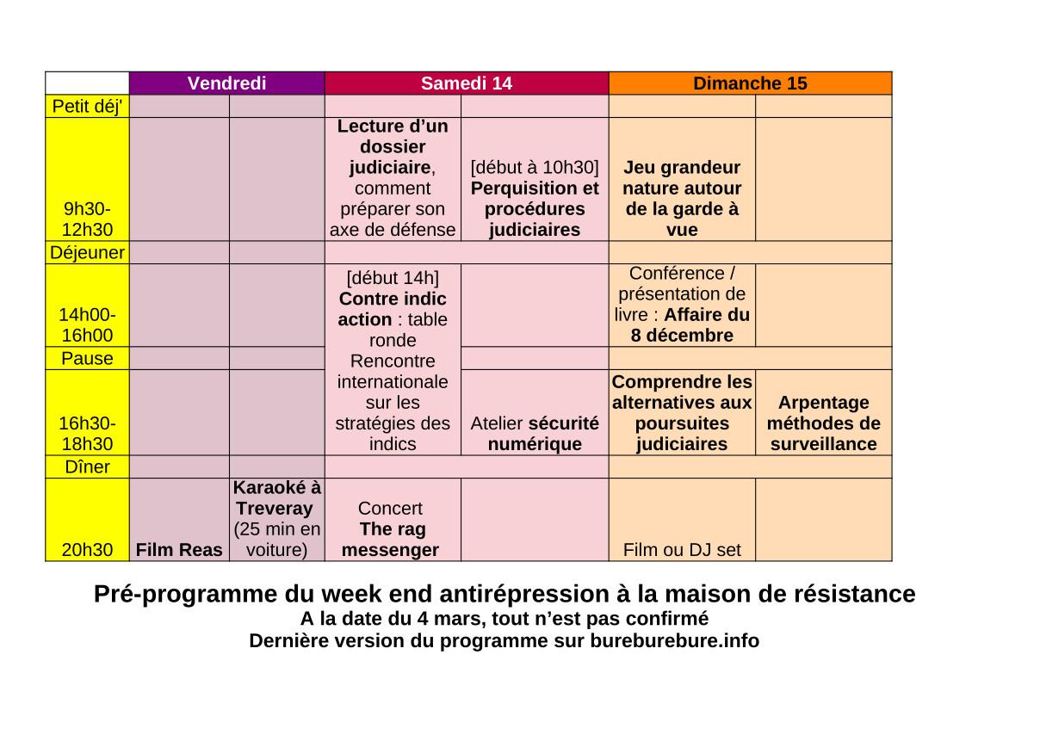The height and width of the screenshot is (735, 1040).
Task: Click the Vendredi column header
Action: pos(226,83)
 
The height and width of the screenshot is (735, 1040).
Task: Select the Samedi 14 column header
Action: pos(466,83)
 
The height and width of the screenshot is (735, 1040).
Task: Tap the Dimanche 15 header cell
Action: pos(750,83)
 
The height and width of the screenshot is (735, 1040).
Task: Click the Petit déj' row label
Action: pos(87,106)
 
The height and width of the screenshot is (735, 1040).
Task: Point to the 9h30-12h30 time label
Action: pos(87,219)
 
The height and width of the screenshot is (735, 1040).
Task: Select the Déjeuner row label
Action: pos(87,253)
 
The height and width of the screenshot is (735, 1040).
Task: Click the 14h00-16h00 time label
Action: pos(87,325)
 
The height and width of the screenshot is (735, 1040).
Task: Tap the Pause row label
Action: pos(87,358)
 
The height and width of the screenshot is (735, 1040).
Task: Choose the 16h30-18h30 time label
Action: pos(87,434)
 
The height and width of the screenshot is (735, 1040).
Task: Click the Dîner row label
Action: pos(87,466)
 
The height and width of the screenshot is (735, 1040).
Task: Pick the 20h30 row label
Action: pos(87,550)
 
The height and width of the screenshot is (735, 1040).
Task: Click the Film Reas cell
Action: pos(179,550)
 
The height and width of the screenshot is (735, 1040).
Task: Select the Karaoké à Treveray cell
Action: pos(276,519)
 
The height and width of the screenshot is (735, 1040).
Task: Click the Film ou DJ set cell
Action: pos(681,550)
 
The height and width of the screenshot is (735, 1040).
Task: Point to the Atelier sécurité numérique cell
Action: pos(535,434)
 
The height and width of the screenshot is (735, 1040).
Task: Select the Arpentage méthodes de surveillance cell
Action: pos(823,423)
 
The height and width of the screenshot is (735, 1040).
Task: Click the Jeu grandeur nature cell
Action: pos(681,199)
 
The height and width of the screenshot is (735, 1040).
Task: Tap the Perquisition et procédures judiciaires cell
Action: pos(535,199)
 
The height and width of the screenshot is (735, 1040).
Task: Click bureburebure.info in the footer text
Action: pos(674,641)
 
